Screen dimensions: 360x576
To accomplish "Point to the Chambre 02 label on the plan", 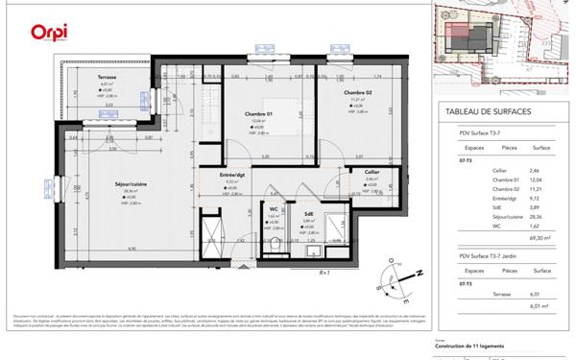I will [358, 92].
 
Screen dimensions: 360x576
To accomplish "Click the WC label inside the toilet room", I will [274, 208].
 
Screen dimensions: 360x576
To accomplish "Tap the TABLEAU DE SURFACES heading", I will [490, 111].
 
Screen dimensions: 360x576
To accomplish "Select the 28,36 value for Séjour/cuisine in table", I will [541, 217].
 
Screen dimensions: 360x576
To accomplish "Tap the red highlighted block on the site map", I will [460, 29].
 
